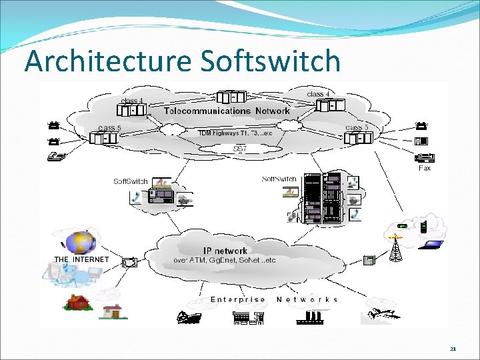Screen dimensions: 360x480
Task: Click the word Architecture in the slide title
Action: coord(108,61)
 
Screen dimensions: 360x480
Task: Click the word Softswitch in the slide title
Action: coord(269,61)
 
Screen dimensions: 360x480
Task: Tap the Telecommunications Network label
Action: coord(227,111)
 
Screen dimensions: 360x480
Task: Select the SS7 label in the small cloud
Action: coord(240,149)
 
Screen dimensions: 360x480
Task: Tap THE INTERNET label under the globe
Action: coord(81,259)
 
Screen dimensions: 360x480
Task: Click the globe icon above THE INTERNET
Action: coord(80,242)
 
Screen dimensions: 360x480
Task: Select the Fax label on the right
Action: coord(425,168)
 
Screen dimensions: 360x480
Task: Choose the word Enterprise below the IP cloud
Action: coord(237,299)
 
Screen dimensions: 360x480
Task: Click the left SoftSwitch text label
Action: coord(131,181)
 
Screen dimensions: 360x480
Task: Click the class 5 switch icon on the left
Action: coord(107,138)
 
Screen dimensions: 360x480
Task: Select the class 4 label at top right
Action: coord(319,94)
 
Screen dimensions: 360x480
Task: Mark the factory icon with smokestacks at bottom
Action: coord(307,317)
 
